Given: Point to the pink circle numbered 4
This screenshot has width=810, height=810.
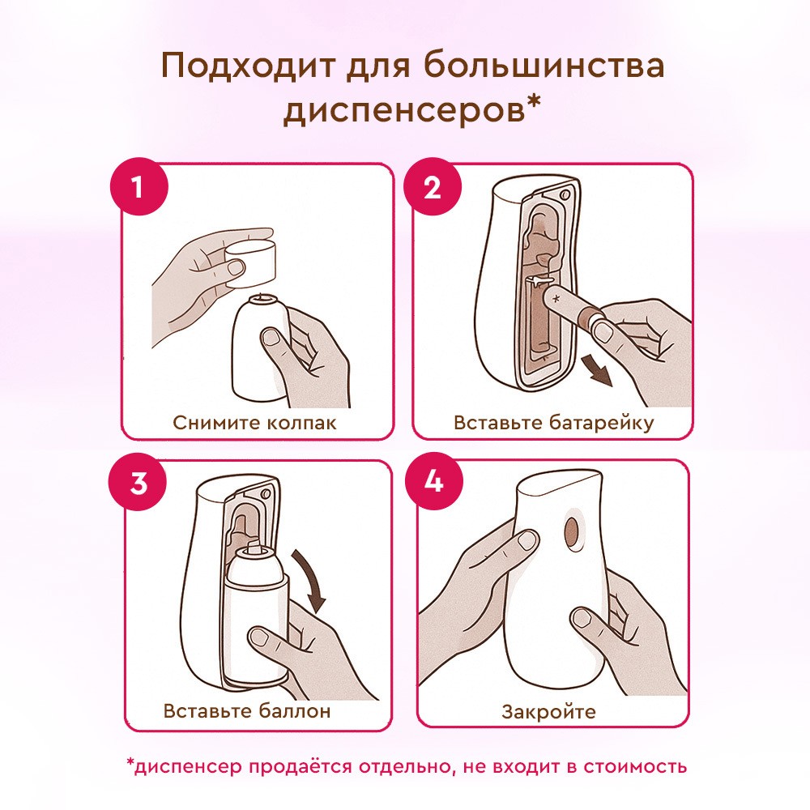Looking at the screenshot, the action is pos(434,481).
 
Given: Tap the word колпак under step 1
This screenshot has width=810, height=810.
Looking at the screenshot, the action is pos(301,423).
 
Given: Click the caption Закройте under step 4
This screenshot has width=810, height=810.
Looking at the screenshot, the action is pos(548,712).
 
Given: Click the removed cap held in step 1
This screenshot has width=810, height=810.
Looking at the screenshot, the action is pos(251,262).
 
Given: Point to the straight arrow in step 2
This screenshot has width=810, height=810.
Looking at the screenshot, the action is pos(597,370).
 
